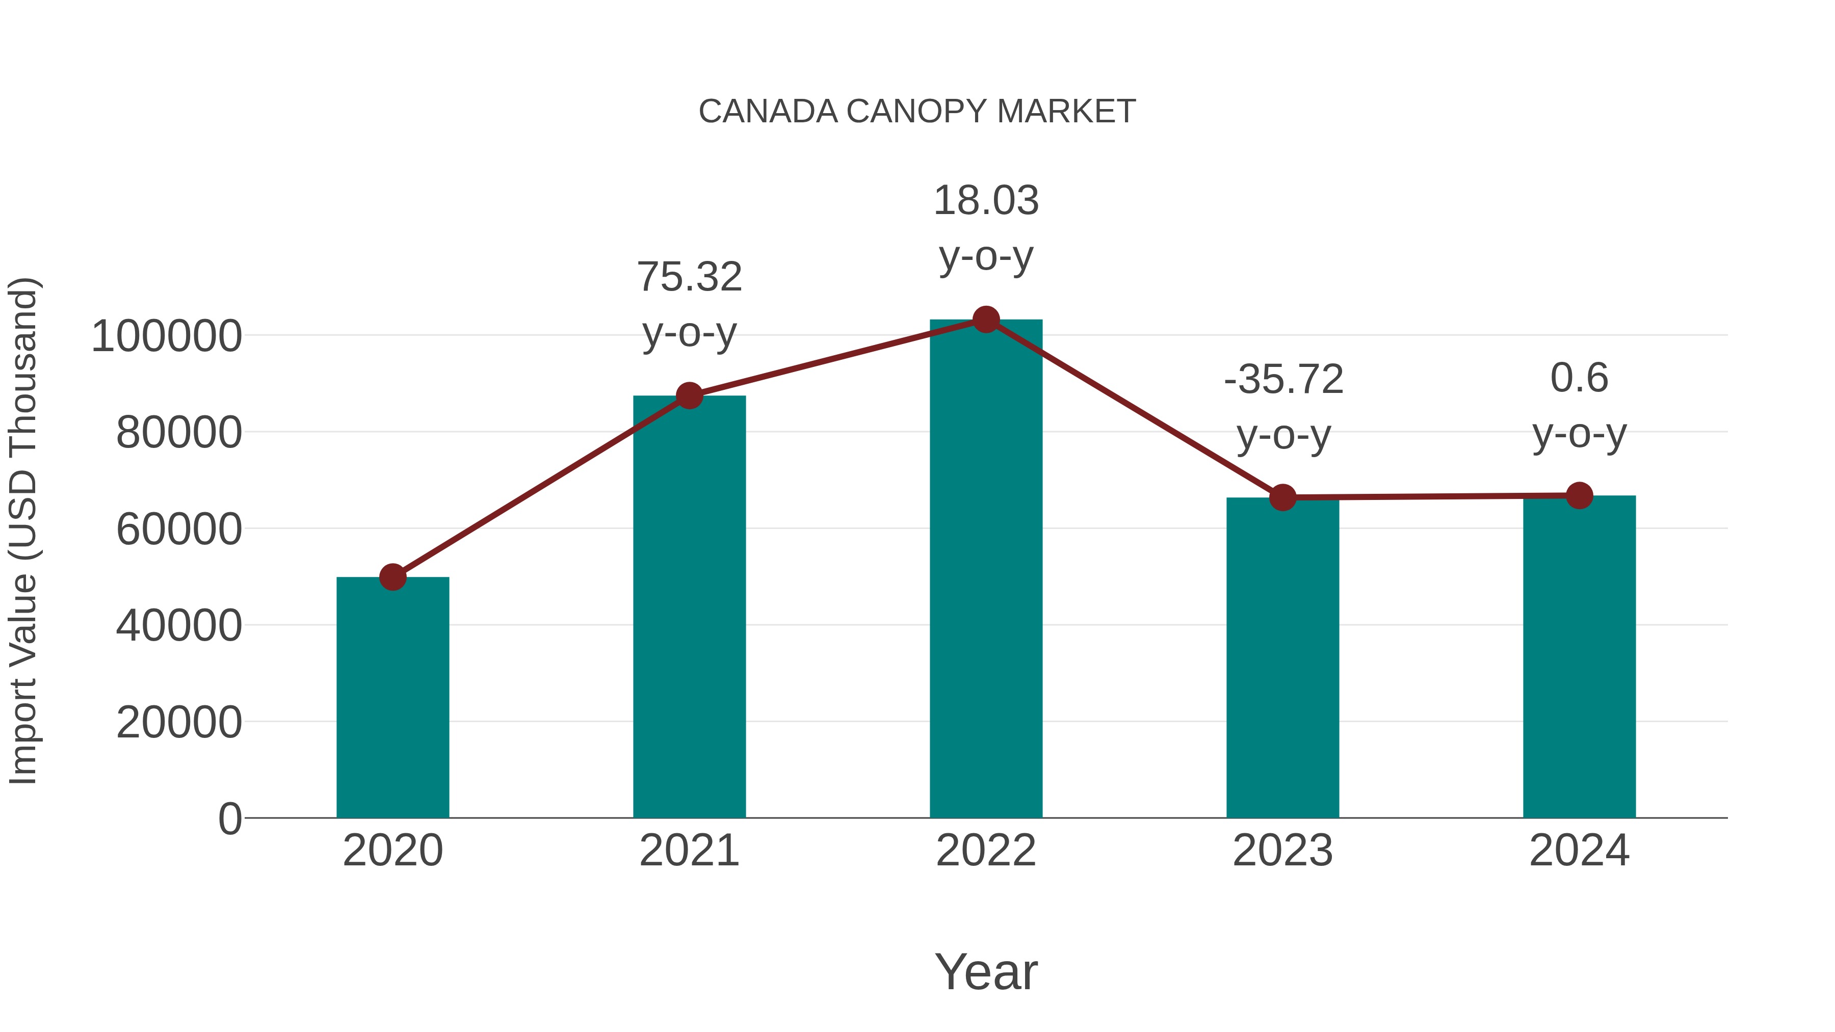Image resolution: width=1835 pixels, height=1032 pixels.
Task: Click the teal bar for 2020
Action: click(x=392, y=698)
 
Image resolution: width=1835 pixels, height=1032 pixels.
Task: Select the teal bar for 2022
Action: click(x=986, y=570)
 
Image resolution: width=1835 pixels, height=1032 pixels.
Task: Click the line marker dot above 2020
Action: click(x=392, y=577)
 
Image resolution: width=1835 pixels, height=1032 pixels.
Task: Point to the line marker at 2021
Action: click(x=689, y=395)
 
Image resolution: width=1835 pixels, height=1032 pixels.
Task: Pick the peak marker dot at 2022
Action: click(x=986, y=320)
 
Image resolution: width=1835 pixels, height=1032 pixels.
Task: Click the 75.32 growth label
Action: click(x=689, y=277)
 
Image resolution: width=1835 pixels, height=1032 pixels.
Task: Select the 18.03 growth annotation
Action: click(x=986, y=201)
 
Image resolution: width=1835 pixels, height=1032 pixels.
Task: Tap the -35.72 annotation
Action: click(x=1283, y=379)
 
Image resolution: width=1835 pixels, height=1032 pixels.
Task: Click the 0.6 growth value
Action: click(x=1579, y=378)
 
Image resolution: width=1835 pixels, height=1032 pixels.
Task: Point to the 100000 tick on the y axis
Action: click(x=167, y=336)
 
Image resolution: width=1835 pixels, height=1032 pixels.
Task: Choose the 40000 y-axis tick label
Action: click(x=179, y=626)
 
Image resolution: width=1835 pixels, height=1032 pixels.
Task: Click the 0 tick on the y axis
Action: click(x=229, y=819)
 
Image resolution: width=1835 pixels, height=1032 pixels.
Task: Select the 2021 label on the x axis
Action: click(x=689, y=851)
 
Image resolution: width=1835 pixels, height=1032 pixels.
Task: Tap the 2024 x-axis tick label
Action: click(x=1579, y=851)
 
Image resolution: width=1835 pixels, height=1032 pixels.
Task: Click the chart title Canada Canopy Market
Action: click(x=917, y=112)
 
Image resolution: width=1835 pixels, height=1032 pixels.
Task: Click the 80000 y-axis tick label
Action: click(x=179, y=432)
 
